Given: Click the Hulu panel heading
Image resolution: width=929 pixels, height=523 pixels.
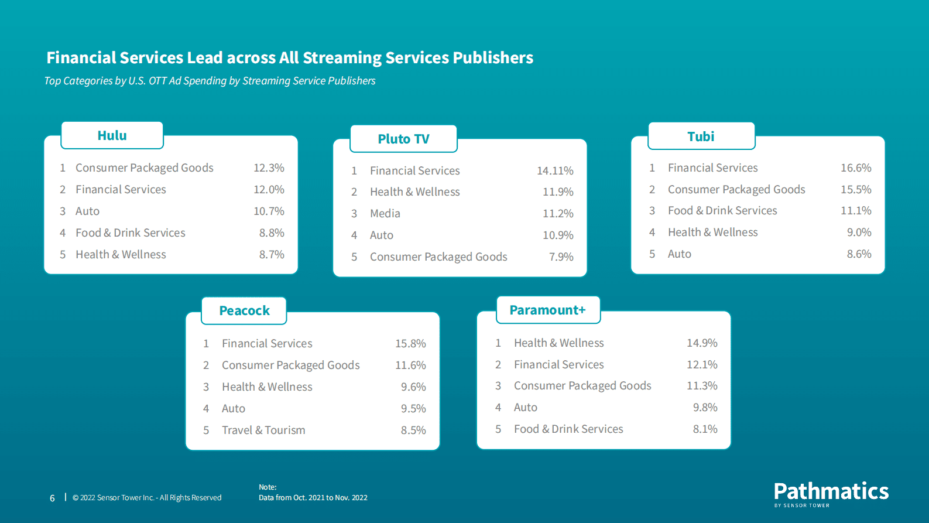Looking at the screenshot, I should click(x=112, y=135).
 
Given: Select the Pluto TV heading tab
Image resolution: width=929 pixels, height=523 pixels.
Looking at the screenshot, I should click(x=403, y=139).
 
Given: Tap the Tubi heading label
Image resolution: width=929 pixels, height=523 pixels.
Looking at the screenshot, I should click(x=701, y=136).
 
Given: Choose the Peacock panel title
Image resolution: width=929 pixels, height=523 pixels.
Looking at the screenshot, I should click(x=244, y=310).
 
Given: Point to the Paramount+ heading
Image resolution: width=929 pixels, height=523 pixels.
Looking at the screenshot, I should click(x=547, y=310).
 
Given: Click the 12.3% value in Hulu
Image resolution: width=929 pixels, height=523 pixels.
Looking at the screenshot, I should click(x=269, y=168).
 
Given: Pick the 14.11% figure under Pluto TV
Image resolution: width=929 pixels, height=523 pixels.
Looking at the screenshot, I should click(x=555, y=171).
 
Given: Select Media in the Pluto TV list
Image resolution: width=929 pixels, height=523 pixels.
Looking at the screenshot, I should click(x=385, y=214).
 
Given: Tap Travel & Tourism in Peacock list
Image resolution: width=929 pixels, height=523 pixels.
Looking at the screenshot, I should click(x=263, y=430).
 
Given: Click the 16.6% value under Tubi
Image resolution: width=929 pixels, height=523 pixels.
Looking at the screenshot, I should click(x=856, y=168).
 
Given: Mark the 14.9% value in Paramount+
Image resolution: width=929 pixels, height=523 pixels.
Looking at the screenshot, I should click(x=702, y=343).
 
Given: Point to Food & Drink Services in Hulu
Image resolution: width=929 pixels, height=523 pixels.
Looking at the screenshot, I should click(x=131, y=233).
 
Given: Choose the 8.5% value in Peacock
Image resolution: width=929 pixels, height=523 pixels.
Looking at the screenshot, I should click(x=413, y=430).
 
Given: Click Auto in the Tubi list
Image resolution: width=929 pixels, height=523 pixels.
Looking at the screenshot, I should click(x=680, y=254).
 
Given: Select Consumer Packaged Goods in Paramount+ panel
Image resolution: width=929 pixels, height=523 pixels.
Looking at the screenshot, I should click(x=582, y=386).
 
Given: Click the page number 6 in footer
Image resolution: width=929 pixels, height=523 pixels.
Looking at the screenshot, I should click(x=52, y=498).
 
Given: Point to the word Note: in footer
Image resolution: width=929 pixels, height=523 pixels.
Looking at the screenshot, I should click(x=268, y=487).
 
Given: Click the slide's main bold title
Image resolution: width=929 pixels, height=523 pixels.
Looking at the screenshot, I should click(x=290, y=57).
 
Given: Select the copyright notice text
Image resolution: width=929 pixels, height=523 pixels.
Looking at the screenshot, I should click(x=147, y=498).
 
